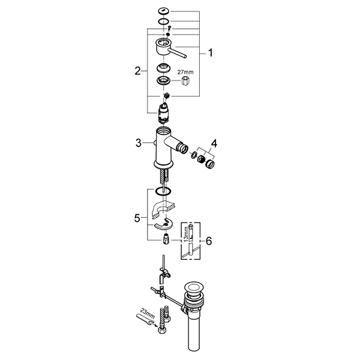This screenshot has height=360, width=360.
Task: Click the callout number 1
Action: click(x=210, y=53)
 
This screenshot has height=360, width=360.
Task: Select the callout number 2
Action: click(x=138, y=71)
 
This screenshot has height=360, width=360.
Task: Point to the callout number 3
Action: click(x=138, y=142)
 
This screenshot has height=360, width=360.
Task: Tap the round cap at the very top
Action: click(x=163, y=10)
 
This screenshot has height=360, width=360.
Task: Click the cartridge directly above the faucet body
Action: click(x=163, y=113)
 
